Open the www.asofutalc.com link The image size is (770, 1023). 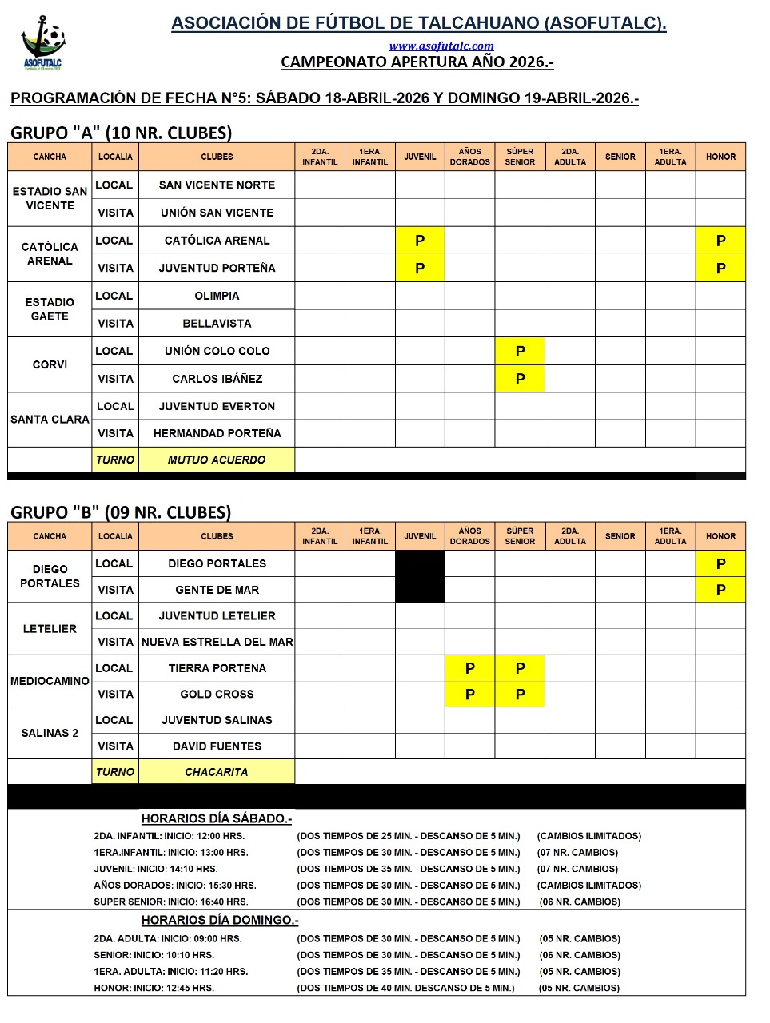(441, 46)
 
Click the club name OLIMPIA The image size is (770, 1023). (217, 296)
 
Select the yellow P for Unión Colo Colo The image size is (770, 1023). (520, 352)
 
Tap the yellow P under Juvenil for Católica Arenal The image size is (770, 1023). (420, 241)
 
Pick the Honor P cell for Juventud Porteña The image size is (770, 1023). (720, 269)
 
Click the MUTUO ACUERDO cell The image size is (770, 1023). (217, 460)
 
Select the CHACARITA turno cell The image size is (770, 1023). (217, 772)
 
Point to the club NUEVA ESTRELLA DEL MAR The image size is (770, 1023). (217, 642)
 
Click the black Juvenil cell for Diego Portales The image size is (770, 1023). (420, 563)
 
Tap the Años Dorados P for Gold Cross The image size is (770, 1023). (470, 695)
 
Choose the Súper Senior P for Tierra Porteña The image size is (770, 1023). (520, 668)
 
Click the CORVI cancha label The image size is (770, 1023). (50, 364)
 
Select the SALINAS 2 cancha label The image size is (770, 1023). (50, 733)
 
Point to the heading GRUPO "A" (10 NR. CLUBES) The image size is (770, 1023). (121, 133)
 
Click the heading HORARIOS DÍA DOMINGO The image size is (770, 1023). (220, 920)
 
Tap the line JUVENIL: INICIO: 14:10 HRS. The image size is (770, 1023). (155, 869)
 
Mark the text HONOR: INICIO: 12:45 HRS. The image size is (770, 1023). (154, 988)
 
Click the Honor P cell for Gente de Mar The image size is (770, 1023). (720, 590)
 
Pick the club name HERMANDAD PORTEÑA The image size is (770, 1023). (217, 433)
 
